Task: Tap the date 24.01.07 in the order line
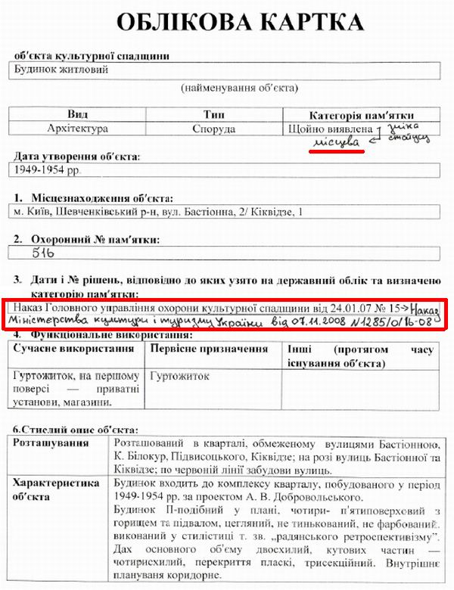342,308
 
